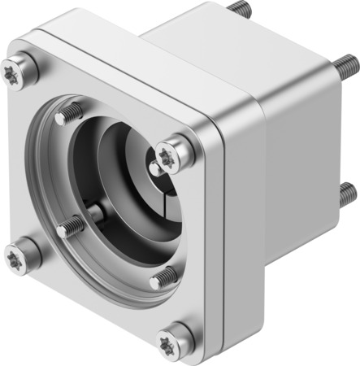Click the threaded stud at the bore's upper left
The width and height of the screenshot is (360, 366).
pyautogui.click(x=67, y=114)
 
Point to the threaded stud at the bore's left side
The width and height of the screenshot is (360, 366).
pyautogui.click(x=70, y=225)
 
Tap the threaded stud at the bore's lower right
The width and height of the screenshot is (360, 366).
pyautogui.click(x=163, y=278)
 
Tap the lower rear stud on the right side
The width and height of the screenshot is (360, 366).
pyautogui.click(x=347, y=193)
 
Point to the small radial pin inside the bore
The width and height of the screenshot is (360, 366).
pyautogui.click(x=98, y=214)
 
